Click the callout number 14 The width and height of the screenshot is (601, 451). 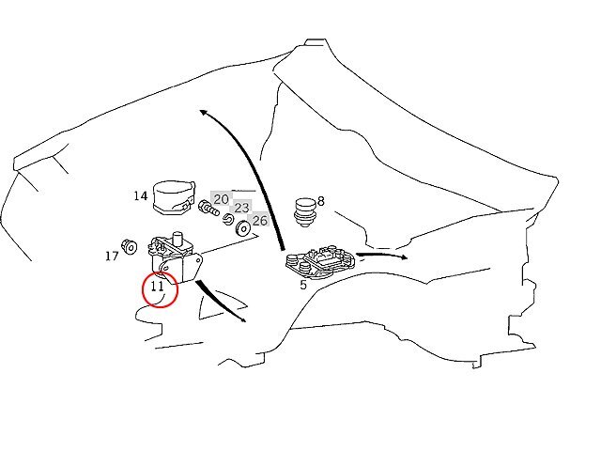pyautogui.click(x=141, y=196)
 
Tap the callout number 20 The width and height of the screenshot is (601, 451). pyautogui.click(x=221, y=199)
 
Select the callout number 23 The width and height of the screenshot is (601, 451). pyautogui.click(x=241, y=208)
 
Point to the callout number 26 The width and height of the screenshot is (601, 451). pyautogui.click(x=259, y=221)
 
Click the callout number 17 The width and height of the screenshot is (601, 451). pyautogui.click(x=112, y=256)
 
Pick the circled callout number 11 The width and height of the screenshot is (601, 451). pyautogui.click(x=157, y=286)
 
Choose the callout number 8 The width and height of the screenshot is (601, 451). pyautogui.click(x=321, y=201)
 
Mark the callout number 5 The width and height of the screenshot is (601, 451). pyautogui.click(x=303, y=285)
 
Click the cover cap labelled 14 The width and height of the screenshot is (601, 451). pyautogui.click(x=174, y=198)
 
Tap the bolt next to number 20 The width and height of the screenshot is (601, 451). pyautogui.click(x=208, y=209)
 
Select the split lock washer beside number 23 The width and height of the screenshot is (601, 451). pyautogui.click(x=228, y=219)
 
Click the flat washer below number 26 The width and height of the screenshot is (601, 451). pyautogui.click(x=243, y=228)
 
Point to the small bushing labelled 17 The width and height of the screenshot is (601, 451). pyautogui.click(x=130, y=246)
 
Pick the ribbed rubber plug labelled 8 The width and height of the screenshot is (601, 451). pyautogui.click(x=305, y=212)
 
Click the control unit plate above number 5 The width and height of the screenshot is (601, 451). pyautogui.click(x=321, y=261)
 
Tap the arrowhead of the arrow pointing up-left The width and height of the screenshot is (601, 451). pyautogui.click(x=204, y=112)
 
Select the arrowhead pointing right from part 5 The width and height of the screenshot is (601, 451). pyautogui.click(x=403, y=257)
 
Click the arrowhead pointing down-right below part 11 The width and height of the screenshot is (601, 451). pyautogui.click(x=242, y=319)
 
